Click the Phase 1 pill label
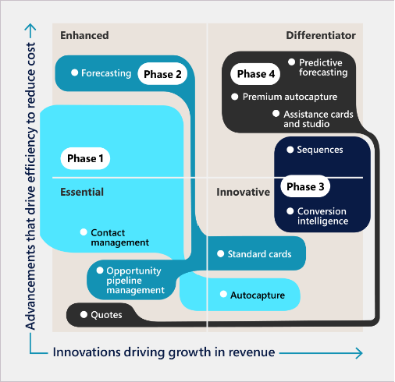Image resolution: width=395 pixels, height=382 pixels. [x=85, y=158]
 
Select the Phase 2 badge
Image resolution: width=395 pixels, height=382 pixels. [x=162, y=74]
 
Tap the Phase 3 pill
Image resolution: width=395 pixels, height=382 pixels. [x=305, y=186]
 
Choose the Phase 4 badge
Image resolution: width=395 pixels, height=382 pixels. [x=255, y=74]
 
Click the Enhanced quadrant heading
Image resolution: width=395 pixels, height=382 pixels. [x=84, y=35]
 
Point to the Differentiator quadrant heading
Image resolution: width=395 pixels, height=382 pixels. [x=321, y=35]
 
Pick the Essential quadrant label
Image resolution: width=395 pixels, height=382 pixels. [x=82, y=192]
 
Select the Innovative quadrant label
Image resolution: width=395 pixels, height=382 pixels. [x=244, y=192]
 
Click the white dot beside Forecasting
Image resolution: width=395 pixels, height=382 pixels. [x=75, y=73]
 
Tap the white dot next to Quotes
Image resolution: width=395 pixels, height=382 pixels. [x=84, y=314]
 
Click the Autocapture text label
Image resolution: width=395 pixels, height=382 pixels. [x=258, y=295]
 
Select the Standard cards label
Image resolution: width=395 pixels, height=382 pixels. [x=259, y=254]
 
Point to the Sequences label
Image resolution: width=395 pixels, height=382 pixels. [x=320, y=150]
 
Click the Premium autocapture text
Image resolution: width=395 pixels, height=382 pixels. [x=290, y=97]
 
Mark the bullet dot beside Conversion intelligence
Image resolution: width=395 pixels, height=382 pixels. [x=290, y=211]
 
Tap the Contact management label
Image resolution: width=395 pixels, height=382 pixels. [x=120, y=238]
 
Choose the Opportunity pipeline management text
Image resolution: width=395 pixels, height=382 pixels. [x=136, y=281]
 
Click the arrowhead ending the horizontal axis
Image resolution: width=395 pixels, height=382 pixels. [x=358, y=353]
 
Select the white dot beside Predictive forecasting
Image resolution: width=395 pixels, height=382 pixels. [x=292, y=62]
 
